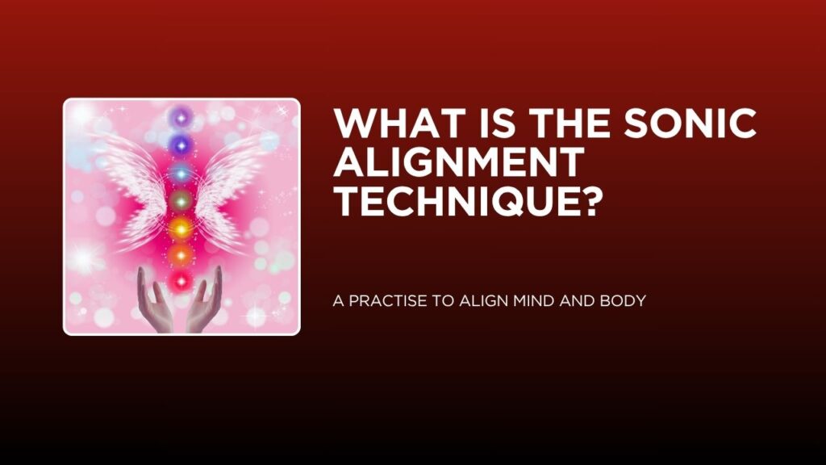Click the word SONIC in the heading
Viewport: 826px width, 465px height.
pos(690,123)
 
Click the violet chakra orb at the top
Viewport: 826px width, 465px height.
pos(181,118)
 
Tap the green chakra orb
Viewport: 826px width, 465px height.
pos(181,200)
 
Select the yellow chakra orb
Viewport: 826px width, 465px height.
pos(181,228)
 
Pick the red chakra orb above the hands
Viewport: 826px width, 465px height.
pos(181,282)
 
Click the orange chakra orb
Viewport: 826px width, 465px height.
pos(181,256)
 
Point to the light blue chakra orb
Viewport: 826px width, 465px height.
pos(181,173)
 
